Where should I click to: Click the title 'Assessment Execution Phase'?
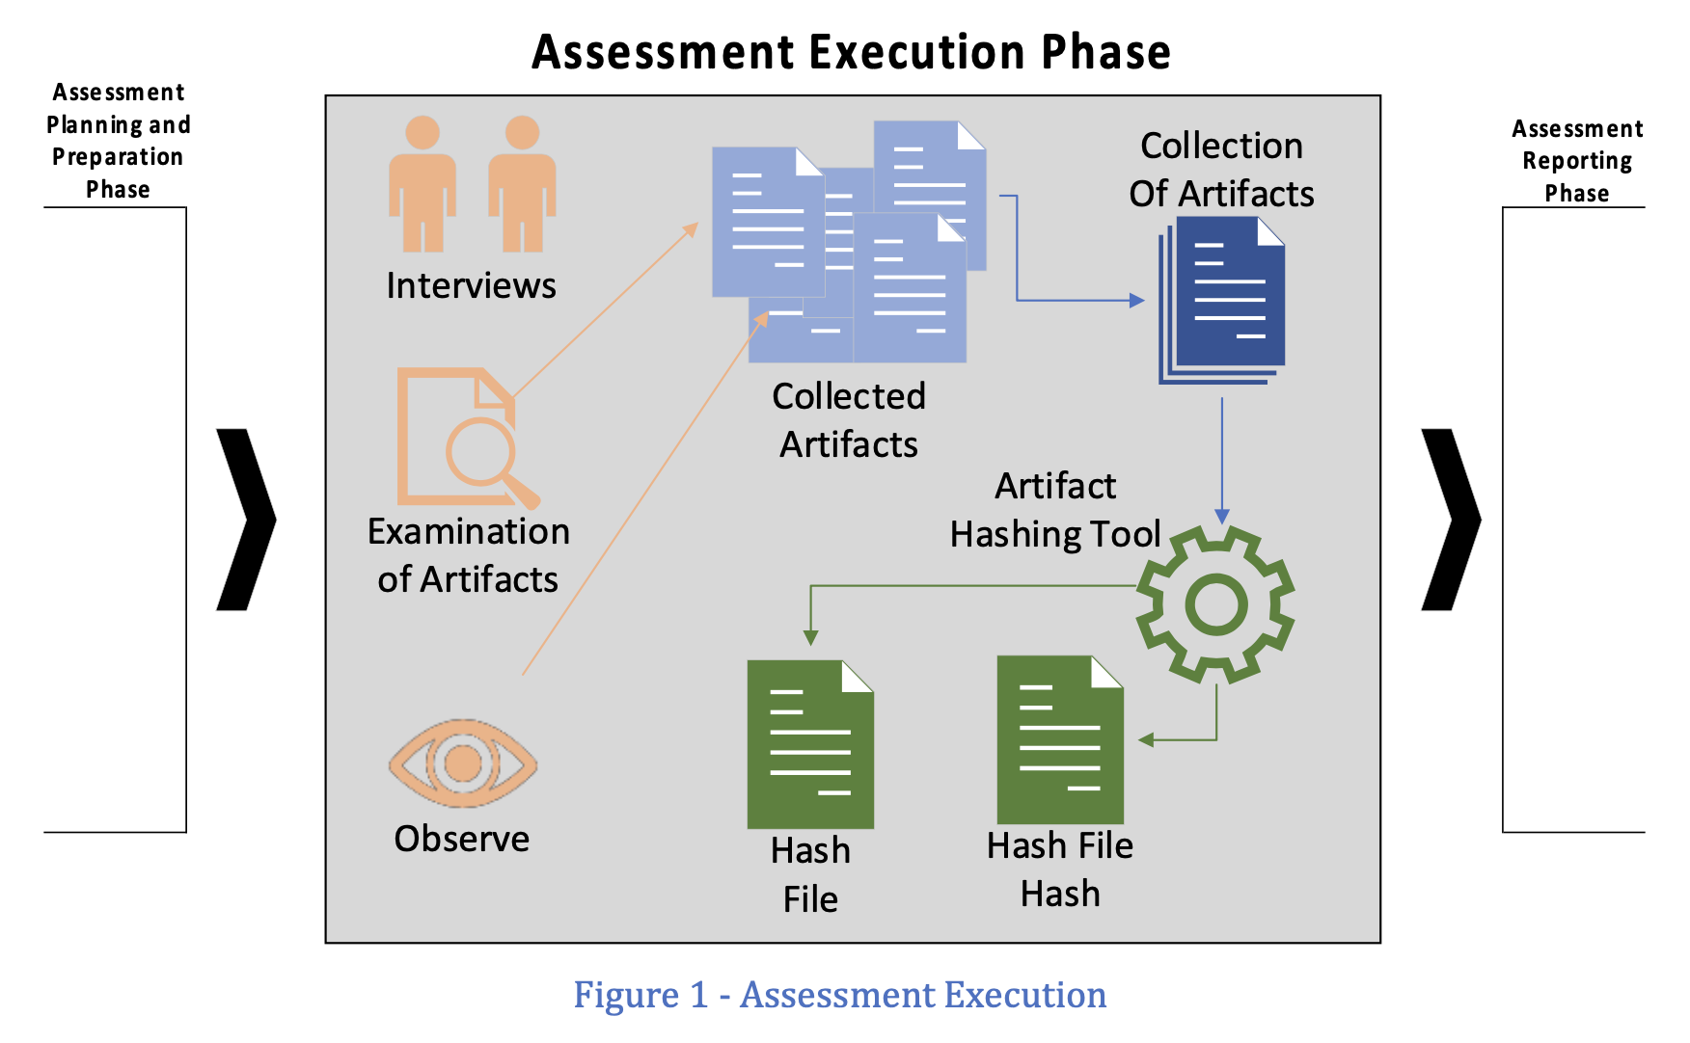851,52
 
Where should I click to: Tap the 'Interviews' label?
471,285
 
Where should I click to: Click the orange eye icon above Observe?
463,763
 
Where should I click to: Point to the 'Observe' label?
462,839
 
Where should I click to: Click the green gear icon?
1215,604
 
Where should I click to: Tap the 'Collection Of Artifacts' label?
1221,170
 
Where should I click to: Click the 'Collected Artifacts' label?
849,420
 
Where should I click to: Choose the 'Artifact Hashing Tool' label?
1055,510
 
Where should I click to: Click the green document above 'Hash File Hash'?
1060,740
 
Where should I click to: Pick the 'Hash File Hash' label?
1060,869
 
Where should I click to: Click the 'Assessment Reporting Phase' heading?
1577,161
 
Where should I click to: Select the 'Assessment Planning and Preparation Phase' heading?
118,141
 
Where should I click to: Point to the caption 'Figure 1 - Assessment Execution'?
839,995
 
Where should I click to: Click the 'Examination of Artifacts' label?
469,555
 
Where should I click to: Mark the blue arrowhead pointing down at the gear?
1222,517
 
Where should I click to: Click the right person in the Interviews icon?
522,184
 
